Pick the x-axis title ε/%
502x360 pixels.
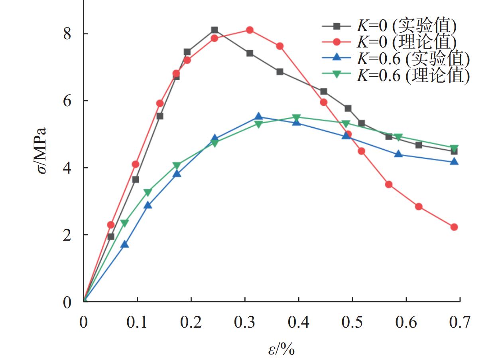(x=281, y=350)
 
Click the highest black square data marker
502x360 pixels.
(x=215, y=30)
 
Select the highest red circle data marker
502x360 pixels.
(x=250, y=30)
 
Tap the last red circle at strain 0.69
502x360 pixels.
(x=454, y=227)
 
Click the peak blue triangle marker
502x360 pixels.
(x=258, y=117)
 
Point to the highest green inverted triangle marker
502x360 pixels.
(x=296, y=118)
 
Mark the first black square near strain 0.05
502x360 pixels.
(x=111, y=237)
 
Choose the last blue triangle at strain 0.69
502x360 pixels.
(x=454, y=162)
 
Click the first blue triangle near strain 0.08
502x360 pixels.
(x=125, y=244)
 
